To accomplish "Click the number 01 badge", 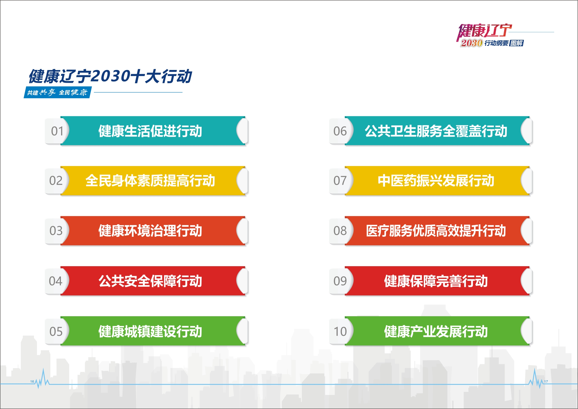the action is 57,131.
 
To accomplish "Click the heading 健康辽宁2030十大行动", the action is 110,76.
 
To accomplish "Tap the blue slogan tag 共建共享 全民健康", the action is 57,92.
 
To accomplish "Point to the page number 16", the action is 32,381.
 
